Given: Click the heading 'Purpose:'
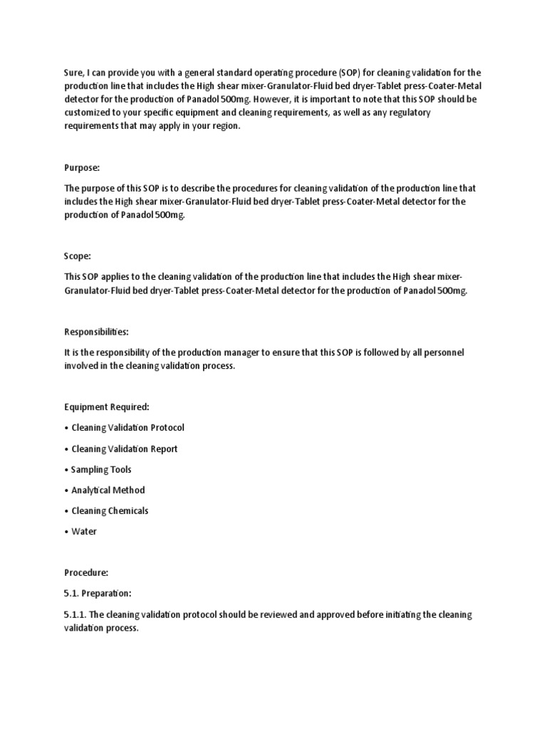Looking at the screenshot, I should pyautogui.click(x=82, y=167).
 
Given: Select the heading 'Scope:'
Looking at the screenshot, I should pyautogui.click(x=78, y=256).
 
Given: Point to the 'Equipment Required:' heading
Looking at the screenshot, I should pyautogui.click(x=107, y=407).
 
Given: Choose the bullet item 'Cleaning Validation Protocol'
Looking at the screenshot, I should pyautogui.click(x=127, y=428).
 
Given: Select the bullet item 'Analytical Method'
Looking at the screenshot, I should pyautogui.click(x=108, y=490).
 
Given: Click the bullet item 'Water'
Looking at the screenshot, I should pyautogui.click(x=84, y=531).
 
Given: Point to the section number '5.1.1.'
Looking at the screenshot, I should pyautogui.click(x=76, y=614).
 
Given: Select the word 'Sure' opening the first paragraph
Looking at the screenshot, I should pyautogui.click(x=74, y=72).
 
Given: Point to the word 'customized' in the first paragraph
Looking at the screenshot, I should pyautogui.click(x=88, y=112).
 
